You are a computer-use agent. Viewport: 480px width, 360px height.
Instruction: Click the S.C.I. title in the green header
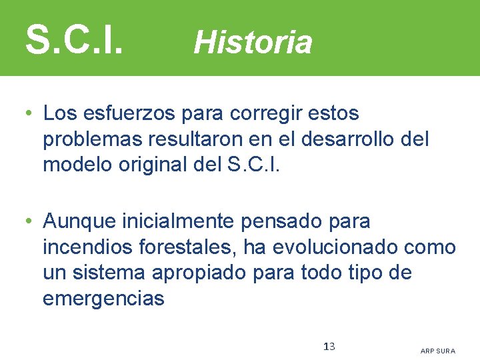tap(74, 40)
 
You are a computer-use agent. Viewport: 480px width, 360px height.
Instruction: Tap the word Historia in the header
tap(253, 43)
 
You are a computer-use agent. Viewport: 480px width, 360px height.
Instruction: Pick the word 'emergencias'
tap(103, 299)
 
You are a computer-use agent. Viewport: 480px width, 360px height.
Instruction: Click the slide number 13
tap(329, 346)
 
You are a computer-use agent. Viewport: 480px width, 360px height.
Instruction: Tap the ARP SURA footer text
tap(438, 351)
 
